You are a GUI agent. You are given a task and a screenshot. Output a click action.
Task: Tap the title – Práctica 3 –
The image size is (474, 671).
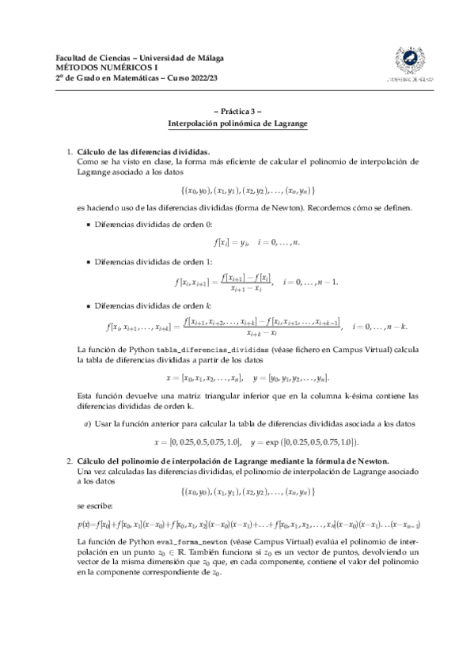click(237, 112)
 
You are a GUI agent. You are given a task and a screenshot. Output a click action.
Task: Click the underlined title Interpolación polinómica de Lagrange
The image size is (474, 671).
click(237, 125)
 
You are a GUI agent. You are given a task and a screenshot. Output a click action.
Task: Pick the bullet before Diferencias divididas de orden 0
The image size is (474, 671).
click(87, 224)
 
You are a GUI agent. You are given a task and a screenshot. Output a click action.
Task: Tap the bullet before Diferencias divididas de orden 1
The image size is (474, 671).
click(87, 261)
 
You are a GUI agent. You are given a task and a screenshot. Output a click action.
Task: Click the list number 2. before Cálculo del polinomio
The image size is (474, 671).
click(69, 460)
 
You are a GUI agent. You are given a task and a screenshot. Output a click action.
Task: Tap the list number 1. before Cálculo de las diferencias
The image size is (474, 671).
click(69, 150)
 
